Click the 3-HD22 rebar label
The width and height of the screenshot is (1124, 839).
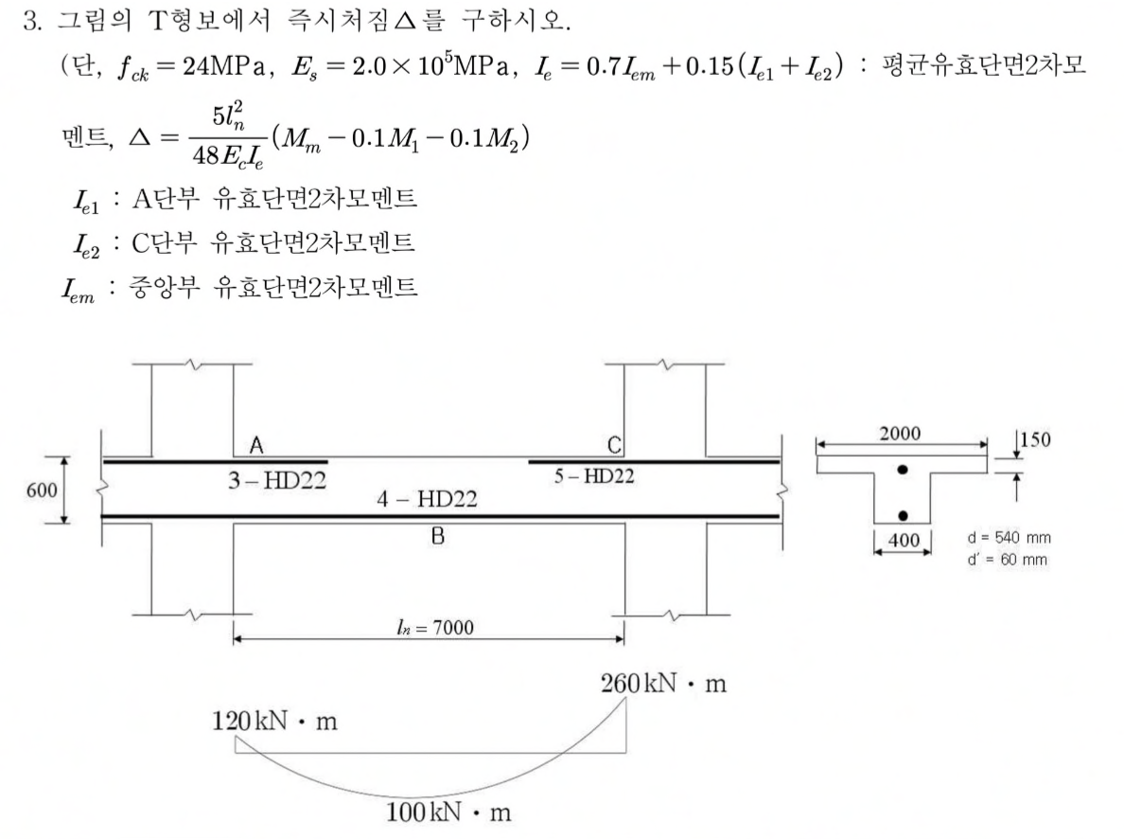click(x=276, y=480)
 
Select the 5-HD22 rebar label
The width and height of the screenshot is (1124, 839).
click(x=594, y=475)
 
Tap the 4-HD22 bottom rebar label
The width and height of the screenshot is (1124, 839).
click(x=428, y=499)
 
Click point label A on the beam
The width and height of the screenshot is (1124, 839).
click(x=255, y=446)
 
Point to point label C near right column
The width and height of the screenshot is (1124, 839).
click(x=614, y=446)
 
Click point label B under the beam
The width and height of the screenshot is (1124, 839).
click(x=437, y=536)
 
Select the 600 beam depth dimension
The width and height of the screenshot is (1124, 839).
click(x=42, y=491)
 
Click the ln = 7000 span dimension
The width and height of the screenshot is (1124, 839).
click(x=435, y=628)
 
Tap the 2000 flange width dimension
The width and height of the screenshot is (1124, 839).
click(x=901, y=434)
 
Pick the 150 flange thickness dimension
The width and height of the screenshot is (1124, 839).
click(x=1035, y=439)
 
